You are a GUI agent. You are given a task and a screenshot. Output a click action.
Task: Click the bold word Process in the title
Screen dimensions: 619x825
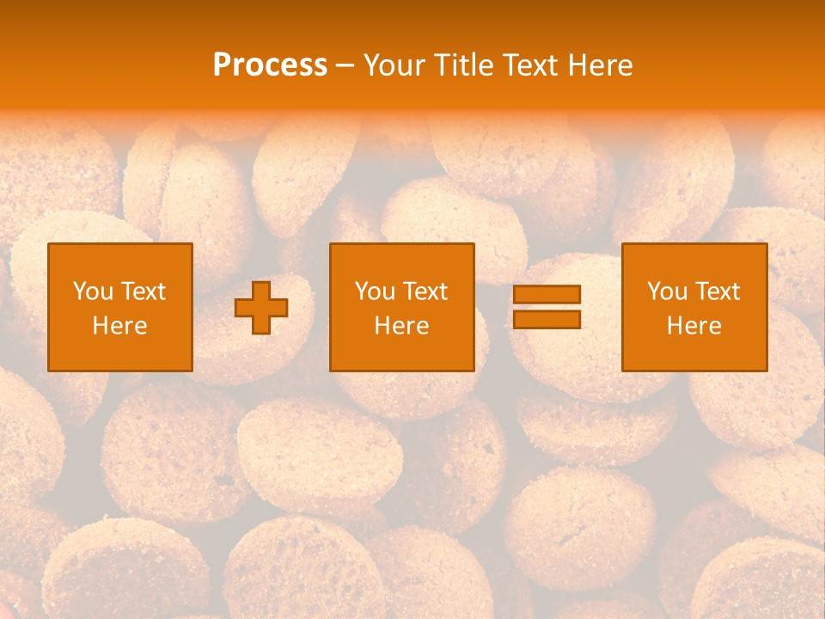point(270,65)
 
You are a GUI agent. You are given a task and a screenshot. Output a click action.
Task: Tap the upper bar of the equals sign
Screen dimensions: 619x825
point(547,295)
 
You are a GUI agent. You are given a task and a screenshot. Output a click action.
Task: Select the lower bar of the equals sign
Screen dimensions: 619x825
point(547,320)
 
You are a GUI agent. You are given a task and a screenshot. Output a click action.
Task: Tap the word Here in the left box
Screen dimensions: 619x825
point(119,326)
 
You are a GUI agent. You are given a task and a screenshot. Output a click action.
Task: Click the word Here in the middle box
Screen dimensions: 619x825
point(401,326)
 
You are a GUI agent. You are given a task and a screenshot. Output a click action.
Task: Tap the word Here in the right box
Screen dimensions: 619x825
point(694,326)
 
